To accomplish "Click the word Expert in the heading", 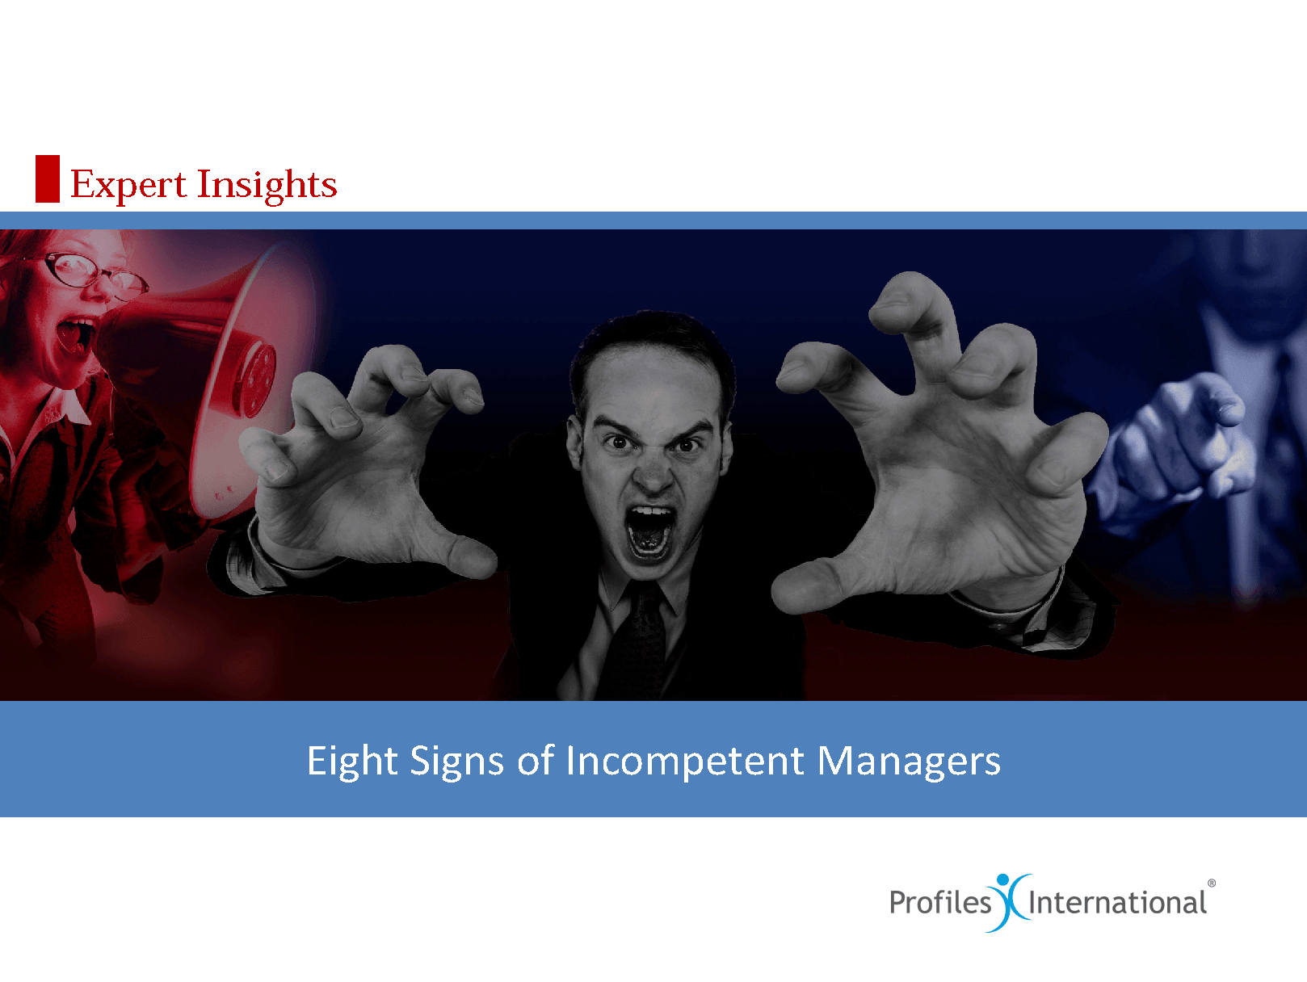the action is pos(128,185).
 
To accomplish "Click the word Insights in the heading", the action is pos(267,185).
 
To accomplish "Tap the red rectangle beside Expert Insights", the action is pos(48,178).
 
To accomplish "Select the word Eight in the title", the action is pos(352,762).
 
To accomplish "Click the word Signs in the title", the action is pos(456,762).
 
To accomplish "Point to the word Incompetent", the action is pos(685,762).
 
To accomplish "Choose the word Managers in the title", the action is pos(909,762).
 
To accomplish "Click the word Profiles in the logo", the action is pos(940,902).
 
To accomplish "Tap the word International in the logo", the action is pos(1117,902).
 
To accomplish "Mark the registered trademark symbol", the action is pos(1211,883).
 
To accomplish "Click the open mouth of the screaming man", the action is pos(649,531).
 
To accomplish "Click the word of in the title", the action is pos(536,761).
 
